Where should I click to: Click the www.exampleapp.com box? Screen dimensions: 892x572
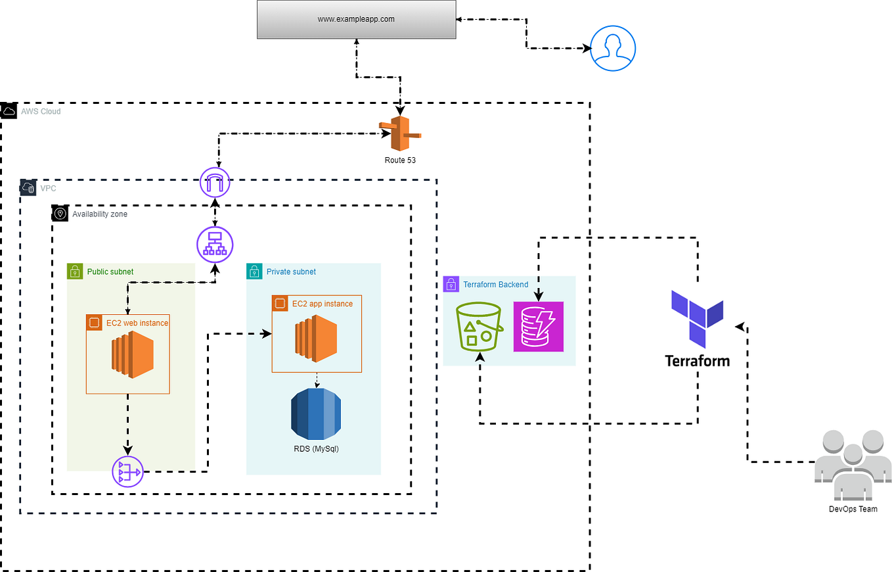(x=357, y=19)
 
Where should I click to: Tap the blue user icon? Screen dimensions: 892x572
(x=612, y=48)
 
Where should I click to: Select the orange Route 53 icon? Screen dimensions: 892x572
(x=400, y=133)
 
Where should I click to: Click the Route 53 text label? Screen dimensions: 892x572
(x=400, y=160)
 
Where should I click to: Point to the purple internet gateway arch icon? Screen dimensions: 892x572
(x=215, y=182)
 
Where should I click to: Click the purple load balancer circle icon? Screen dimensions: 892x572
(x=215, y=245)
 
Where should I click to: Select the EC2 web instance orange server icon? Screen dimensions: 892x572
(x=133, y=357)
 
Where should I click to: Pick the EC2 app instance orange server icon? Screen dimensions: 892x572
(x=316, y=339)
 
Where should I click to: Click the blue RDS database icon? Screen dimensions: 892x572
(x=316, y=414)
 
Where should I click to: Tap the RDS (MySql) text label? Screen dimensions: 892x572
(x=316, y=449)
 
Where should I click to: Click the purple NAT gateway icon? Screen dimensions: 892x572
(x=128, y=471)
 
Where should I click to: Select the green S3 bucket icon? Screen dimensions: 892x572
(x=479, y=327)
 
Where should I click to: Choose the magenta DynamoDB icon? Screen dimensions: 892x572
(x=539, y=327)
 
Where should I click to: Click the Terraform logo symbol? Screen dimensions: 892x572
(x=698, y=319)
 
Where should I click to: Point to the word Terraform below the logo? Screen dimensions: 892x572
(x=698, y=361)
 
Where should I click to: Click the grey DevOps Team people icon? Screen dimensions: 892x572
(x=853, y=465)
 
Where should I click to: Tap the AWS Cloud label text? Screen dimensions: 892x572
(x=41, y=112)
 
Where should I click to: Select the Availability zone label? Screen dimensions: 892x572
(x=100, y=214)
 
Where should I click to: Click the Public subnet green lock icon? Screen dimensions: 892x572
(x=75, y=272)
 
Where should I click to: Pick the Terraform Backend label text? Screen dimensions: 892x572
(x=496, y=285)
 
